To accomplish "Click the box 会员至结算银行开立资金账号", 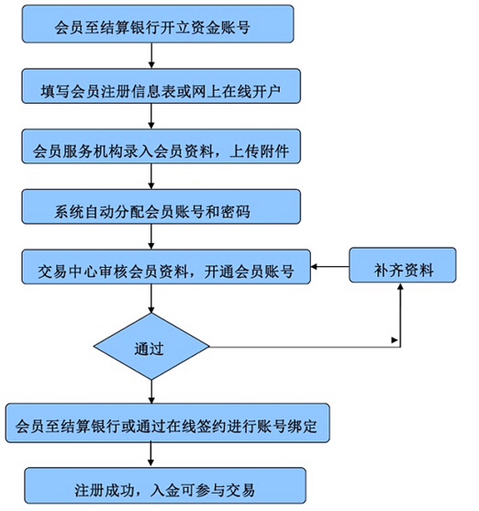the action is (158, 24).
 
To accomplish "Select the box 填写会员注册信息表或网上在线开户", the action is (162, 86).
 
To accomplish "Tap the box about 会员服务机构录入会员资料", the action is (162, 146).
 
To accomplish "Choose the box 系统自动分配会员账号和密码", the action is (162, 206).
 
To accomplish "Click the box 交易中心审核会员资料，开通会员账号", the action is (166, 267).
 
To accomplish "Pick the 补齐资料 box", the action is (403, 265).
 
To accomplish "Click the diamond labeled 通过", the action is (151, 347).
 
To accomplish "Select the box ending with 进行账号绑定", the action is (168, 423).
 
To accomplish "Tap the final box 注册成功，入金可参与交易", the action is (165, 485).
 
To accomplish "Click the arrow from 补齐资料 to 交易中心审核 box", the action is (330, 267).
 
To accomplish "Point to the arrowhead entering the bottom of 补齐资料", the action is (400, 286).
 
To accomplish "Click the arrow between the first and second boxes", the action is (151, 55).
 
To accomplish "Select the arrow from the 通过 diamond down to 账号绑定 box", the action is (151, 392).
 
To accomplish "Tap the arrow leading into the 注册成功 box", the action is (150, 454).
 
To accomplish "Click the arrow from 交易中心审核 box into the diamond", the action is (151, 298).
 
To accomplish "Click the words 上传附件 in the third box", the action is (259, 151).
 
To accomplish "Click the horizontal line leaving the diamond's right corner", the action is (305, 347).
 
